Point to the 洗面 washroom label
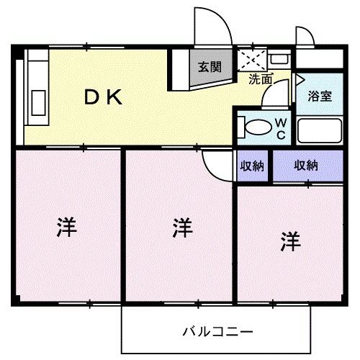pyautogui.click(x=260, y=80)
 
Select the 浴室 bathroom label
pyautogui.click(x=319, y=96)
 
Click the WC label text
pyautogui.click(x=281, y=129)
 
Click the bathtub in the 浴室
pyautogui.click(x=319, y=130)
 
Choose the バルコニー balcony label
pyautogui.click(x=217, y=332)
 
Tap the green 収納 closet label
pyautogui.click(x=251, y=166)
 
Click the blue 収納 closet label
pyautogui.click(x=305, y=165)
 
